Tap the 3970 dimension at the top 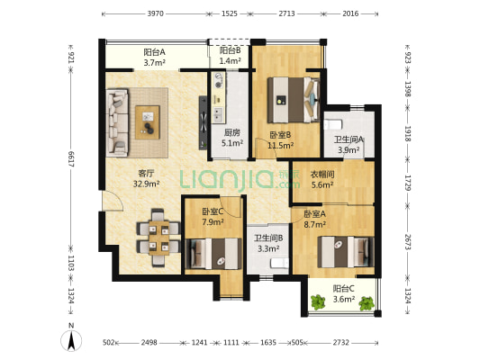click(156, 13)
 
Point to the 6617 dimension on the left click(71, 158)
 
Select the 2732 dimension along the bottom click(341, 343)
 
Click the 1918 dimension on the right click(408, 133)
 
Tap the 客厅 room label click(146, 174)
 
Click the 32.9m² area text click(146, 184)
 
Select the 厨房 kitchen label click(232, 132)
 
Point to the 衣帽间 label click(322, 175)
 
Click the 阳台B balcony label click(231, 50)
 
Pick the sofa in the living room click(117, 122)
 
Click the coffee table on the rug click(148, 122)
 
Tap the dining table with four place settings click(158, 238)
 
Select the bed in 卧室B click(294, 100)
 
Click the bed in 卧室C click(213, 254)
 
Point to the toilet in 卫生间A click(333, 124)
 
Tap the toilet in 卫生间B click(279, 263)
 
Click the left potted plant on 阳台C click(318, 301)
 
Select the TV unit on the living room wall click(203, 122)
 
